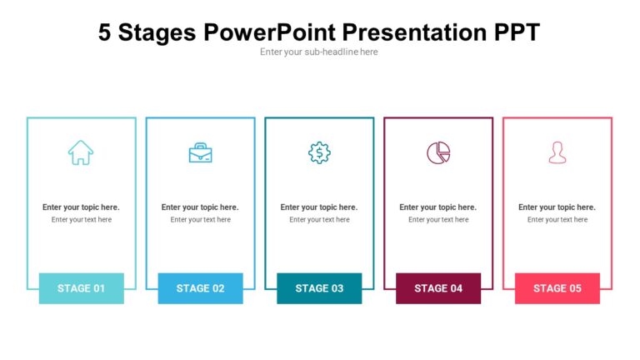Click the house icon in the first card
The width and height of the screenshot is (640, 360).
point(81,152)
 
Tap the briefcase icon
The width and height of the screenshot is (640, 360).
point(200,152)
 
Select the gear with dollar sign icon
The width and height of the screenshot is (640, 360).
point(319,152)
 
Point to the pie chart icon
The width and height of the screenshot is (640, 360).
point(438,152)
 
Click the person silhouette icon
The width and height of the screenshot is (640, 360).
point(557,152)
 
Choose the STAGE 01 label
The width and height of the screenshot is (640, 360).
point(81,288)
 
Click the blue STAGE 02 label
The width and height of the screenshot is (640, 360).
point(200,288)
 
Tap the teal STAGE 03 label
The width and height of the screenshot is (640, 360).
point(319,288)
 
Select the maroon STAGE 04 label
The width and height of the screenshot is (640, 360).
point(438,288)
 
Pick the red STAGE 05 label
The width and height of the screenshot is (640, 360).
point(557,288)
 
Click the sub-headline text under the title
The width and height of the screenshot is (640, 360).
point(319,52)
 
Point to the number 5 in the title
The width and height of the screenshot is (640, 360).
point(105,32)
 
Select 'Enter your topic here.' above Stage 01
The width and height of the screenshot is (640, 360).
point(81,207)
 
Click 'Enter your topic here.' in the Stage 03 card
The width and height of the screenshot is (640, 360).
point(319,207)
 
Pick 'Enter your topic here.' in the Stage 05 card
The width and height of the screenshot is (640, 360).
point(557,207)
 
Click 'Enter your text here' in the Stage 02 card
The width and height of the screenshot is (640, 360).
point(200,220)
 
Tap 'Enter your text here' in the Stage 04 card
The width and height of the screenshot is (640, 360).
point(438,220)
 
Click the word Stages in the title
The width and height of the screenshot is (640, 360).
point(157,32)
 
